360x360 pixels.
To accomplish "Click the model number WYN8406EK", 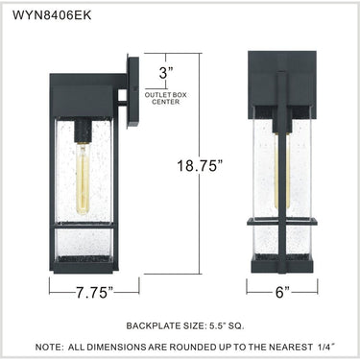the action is point(52,15).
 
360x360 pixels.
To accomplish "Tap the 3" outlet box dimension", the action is point(166,73).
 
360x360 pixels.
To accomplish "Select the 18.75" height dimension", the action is point(200,166).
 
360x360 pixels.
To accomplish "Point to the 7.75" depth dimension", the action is point(95,293).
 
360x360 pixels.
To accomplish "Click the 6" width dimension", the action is point(282,292).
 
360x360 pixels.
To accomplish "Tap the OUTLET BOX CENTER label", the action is point(166,98).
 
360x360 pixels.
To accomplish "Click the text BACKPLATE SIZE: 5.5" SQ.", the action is point(185,326).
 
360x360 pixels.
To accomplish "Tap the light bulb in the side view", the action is point(83,179).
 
